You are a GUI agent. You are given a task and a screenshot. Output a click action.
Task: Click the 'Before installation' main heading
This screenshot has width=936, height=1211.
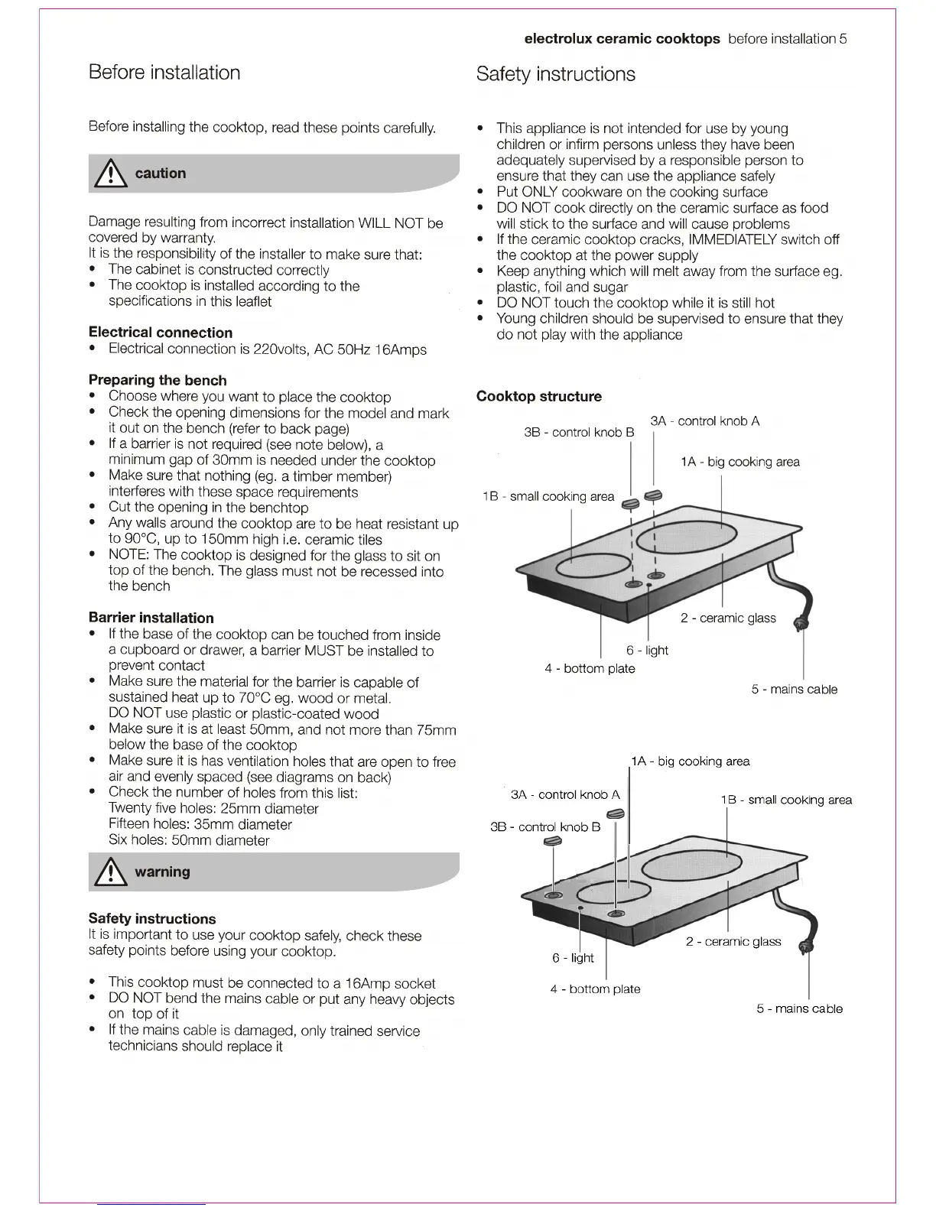point(164,73)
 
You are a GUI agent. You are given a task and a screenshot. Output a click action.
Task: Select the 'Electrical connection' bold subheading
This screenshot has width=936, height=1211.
point(161,333)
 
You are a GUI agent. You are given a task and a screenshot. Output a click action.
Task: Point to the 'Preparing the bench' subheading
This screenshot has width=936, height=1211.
point(158,380)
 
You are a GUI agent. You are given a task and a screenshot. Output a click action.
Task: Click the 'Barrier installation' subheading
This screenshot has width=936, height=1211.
point(151,618)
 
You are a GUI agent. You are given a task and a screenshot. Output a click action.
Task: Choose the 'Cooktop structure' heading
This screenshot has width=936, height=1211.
point(539,396)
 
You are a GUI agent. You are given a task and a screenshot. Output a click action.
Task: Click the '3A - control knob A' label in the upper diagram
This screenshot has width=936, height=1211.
point(705,421)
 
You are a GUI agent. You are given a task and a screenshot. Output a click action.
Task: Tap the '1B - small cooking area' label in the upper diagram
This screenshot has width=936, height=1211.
point(548,497)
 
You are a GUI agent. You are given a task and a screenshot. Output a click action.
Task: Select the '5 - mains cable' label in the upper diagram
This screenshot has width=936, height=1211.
point(795,690)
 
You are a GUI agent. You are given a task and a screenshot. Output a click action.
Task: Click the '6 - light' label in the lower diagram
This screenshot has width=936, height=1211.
point(574,958)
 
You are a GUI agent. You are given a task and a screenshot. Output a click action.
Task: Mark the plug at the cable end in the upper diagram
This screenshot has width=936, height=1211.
point(801,625)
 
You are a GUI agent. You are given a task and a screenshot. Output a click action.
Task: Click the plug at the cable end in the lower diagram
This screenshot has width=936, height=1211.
point(805,949)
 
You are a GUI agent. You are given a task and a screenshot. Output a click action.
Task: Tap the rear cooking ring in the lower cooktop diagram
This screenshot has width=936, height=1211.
point(691,866)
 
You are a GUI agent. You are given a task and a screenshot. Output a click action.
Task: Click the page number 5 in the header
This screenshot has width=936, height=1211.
point(843,39)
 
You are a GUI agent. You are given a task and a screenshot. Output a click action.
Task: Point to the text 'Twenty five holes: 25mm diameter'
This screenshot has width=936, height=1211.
point(213,809)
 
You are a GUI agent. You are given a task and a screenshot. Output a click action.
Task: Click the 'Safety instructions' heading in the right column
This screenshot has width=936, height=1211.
point(556,74)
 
